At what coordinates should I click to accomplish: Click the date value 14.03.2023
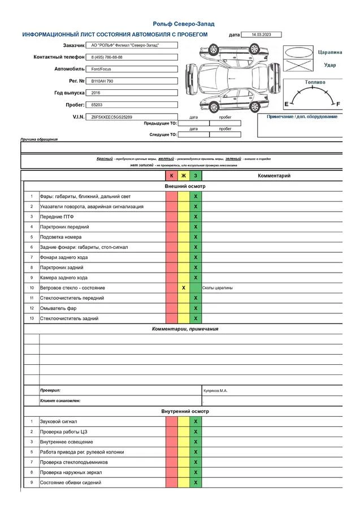(x=261, y=34)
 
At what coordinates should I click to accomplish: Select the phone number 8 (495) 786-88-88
(x=107, y=57)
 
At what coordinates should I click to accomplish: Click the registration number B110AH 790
(x=102, y=81)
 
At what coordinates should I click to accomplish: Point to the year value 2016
(x=96, y=93)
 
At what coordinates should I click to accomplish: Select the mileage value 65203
(x=97, y=105)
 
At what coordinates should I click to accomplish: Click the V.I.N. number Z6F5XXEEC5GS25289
(x=111, y=117)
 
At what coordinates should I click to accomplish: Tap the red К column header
(x=172, y=176)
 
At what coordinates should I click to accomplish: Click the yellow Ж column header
(x=183, y=176)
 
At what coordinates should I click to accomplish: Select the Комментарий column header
(x=274, y=176)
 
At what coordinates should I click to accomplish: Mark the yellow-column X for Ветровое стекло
(x=184, y=288)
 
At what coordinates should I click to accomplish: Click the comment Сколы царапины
(x=218, y=288)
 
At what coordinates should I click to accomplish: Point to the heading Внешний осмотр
(x=185, y=186)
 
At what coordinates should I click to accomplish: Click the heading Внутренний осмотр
(x=185, y=411)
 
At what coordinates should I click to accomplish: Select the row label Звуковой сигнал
(x=58, y=421)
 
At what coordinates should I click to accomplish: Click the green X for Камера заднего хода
(x=196, y=278)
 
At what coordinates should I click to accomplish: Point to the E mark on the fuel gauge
(x=286, y=104)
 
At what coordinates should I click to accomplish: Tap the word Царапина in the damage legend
(x=330, y=52)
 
